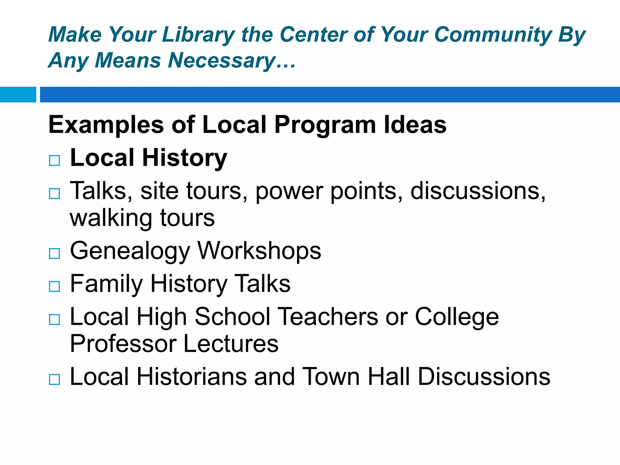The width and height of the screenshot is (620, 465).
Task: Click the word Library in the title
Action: tap(198, 35)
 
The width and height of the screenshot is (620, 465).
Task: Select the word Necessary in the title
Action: tap(221, 61)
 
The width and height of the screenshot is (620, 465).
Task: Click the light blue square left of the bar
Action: tap(18, 94)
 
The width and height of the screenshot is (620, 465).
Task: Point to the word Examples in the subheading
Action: tap(106, 125)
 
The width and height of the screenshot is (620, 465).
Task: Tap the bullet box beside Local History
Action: tap(54, 160)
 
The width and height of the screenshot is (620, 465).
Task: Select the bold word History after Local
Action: tap(184, 158)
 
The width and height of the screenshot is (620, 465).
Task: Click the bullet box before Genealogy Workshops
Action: tap(54, 253)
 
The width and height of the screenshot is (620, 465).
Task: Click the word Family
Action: tap(106, 284)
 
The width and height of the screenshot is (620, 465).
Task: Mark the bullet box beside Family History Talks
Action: tap(54, 286)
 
